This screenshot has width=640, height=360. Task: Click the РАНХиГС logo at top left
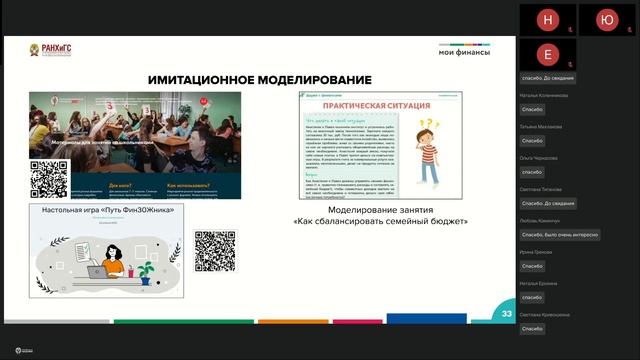(51, 49)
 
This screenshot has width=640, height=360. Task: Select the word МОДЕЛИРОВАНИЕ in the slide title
(314, 79)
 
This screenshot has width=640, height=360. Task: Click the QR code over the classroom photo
(49, 179)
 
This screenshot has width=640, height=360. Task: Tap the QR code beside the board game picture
(213, 250)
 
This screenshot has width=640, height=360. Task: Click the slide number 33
(507, 314)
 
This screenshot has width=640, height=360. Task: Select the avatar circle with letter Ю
(606, 19)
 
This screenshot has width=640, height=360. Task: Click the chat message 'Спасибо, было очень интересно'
(560, 235)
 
